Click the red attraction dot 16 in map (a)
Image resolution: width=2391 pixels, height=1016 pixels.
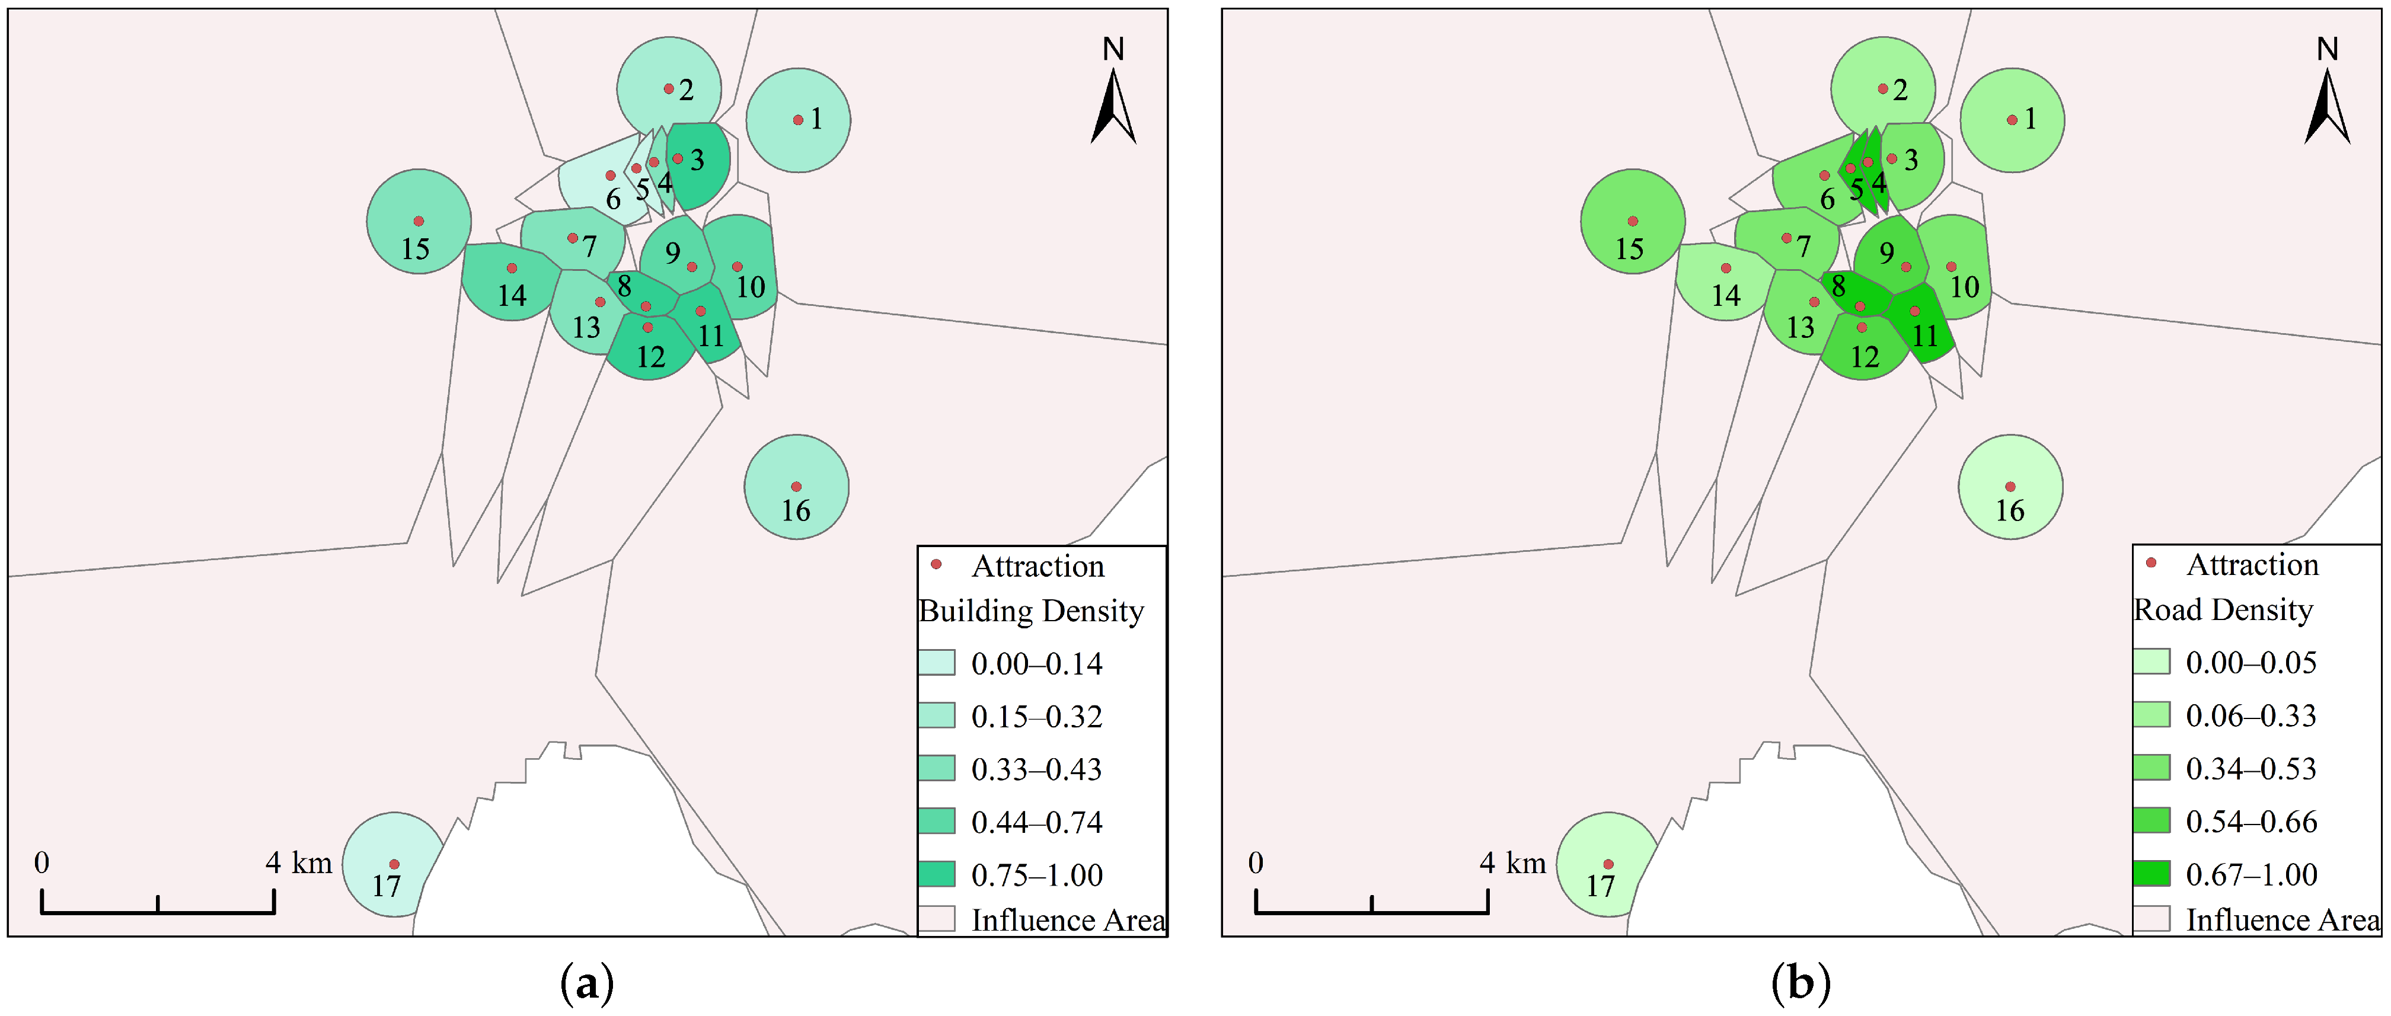point(796,486)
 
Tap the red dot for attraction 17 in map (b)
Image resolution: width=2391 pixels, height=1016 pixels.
point(1608,864)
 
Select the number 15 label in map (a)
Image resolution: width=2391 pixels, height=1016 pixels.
point(415,248)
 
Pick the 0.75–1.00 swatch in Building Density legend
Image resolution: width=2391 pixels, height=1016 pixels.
point(937,874)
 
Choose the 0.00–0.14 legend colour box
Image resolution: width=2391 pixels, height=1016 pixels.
point(937,663)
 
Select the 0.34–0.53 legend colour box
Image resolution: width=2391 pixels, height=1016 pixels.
point(2151,768)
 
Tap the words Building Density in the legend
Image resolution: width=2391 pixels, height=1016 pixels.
point(1030,611)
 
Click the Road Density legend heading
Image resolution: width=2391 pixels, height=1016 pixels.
point(2223,609)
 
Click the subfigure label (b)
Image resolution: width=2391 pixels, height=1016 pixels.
point(1801,983)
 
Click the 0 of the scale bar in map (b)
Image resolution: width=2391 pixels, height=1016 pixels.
point(1256,863)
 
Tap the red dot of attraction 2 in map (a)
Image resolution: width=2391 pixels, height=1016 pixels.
point(668,89)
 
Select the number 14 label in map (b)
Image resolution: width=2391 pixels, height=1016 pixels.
point(1725,295)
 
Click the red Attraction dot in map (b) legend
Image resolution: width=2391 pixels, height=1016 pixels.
point(2151,563)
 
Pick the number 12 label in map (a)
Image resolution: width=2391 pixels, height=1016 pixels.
point(650,356)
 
